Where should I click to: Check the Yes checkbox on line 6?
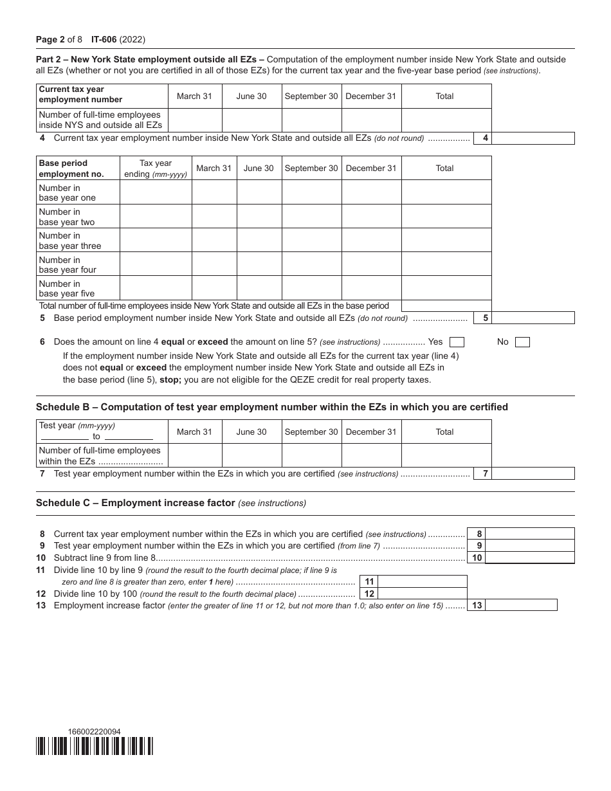(457, 342)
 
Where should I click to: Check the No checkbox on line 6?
(522, 342)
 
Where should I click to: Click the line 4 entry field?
(533, 138)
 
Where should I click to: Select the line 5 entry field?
(533, 318)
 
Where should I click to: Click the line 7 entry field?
(533, 474)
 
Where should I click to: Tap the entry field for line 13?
(522, 605)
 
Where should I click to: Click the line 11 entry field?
(423, 581)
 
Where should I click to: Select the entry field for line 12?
(423, 594)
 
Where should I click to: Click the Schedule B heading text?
(271, 407)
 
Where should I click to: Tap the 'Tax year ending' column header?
(156, 168)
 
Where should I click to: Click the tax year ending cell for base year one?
(156, 192)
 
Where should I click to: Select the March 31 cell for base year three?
(214, 240)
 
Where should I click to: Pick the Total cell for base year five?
(446, 288)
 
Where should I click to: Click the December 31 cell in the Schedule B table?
(371, 455)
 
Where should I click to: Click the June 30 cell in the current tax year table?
(251, 120)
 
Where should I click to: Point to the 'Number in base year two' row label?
(67, 217)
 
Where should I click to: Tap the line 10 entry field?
(529, 558)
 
